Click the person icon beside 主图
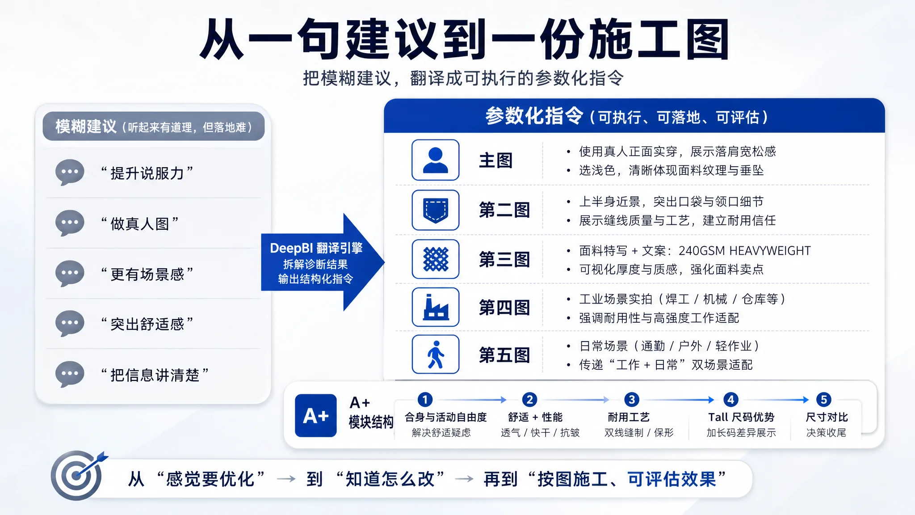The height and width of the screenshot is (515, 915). pos(435,160)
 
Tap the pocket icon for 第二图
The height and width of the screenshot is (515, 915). pos(435,210)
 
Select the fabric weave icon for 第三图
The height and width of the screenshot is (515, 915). pos(435,259)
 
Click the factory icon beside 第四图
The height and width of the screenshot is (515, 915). pos(435,307)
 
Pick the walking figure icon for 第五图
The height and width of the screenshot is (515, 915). pos(435,355)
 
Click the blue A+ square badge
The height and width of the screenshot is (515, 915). pos(315,415)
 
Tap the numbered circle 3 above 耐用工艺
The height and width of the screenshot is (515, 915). pos(631,399)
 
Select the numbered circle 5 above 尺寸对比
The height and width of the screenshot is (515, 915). pos(823,399)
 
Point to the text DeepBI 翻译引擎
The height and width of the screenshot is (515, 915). pos(316,248)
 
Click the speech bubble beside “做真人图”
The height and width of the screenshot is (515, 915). pos(70,223)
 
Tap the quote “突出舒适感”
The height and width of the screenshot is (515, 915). pos(147,324)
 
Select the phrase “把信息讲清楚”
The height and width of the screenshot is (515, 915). pos(155,375)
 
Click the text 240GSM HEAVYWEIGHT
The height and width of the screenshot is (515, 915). pos(744,251)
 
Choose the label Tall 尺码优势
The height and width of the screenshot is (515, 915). pos(741,417)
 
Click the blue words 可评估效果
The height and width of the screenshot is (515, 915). pos(672,479)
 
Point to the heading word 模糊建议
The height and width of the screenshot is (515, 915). pos(86,127)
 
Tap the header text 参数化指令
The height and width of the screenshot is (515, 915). pos(534,116)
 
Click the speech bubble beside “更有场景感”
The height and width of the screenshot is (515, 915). pos(70,273)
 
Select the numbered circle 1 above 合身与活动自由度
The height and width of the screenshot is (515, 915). pos(425,399)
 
